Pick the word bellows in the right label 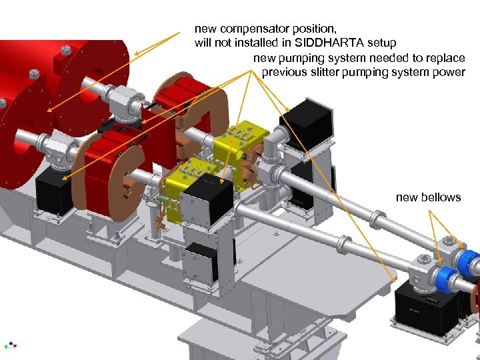tap(442, 197)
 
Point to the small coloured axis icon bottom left tap(10, 345)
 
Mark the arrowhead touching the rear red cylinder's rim tap(137, 54)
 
